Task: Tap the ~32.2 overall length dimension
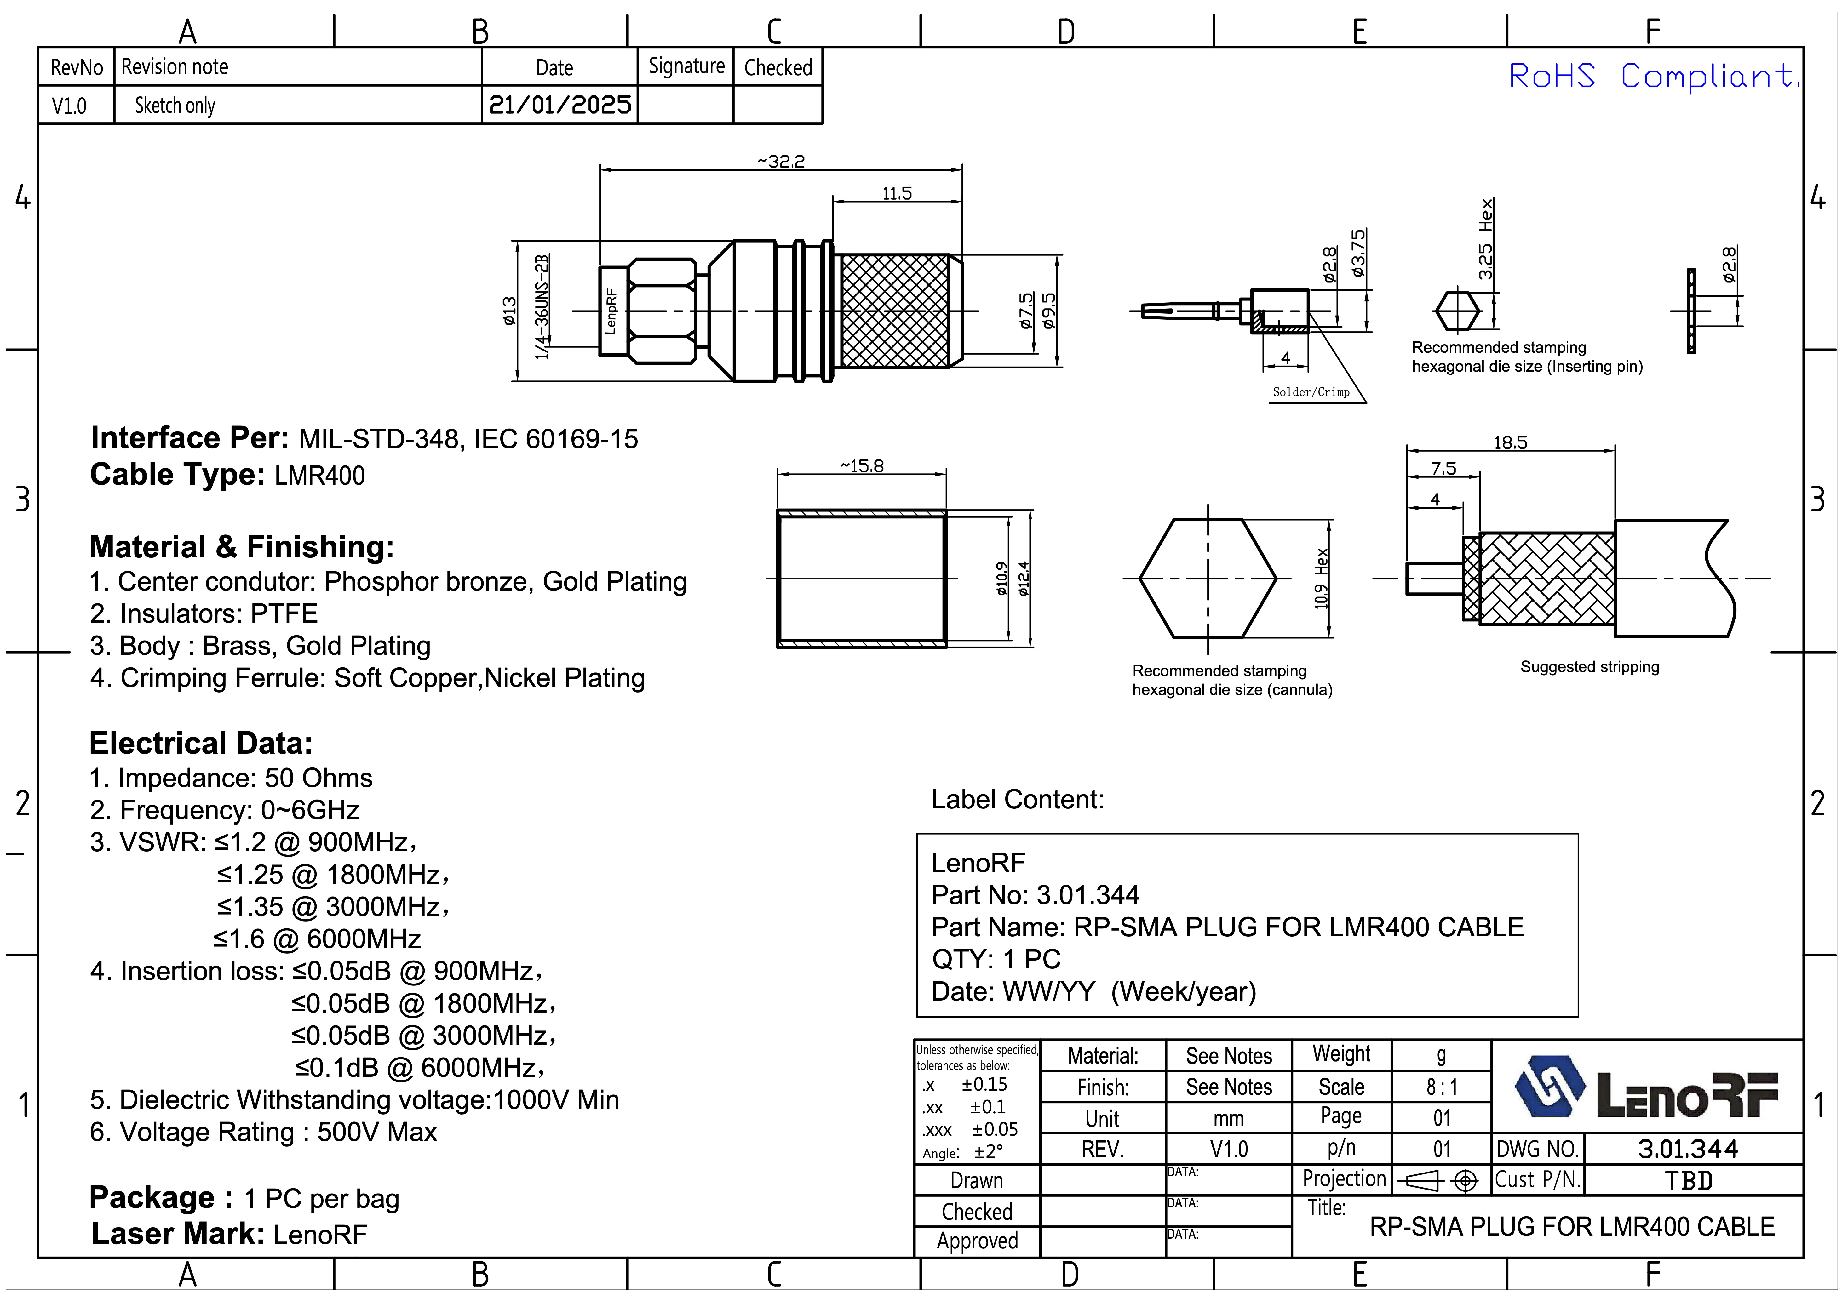[781, 161]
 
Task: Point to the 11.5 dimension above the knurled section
[897, 193]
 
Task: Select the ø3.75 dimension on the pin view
[1358, 254]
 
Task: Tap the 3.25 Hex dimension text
[1486, 239]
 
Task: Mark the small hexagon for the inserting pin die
[1456, 311]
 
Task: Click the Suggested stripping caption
[1589, 666]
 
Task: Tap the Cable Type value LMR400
[319, 476]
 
